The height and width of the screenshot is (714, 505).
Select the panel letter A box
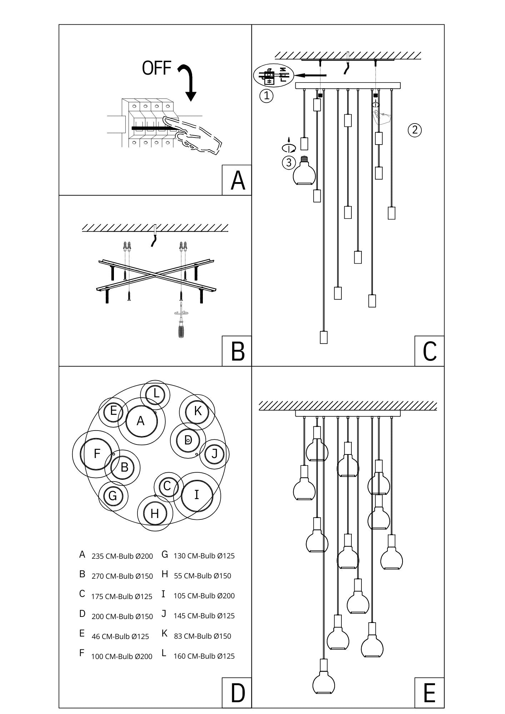click(x=237, y=180)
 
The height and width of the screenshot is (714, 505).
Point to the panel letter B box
click(x=237, y=351)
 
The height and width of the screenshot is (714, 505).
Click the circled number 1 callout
click(x=266, y=96)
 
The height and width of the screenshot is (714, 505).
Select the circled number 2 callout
click(x=414, y=130)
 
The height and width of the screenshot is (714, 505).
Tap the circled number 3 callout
click(x=289, y=163)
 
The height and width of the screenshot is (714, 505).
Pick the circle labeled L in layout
click(x=156, y=394)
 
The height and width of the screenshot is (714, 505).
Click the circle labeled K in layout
click(x=197, y=411)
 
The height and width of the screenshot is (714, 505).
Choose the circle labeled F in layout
click(x=96, y=454)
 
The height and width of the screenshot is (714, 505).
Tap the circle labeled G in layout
click(x=113, y=496)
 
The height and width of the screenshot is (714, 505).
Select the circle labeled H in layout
click(x=155, y=514)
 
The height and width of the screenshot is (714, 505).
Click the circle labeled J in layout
click(x=214, y=454)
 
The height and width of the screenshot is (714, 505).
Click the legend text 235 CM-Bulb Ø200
click(x=122, y=556)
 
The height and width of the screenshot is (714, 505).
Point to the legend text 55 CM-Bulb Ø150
click(x=202, y=576)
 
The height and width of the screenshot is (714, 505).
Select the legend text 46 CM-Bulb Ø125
click(x=120, y=636)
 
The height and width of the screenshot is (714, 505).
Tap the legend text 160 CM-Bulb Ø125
click(x=204, y=656)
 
